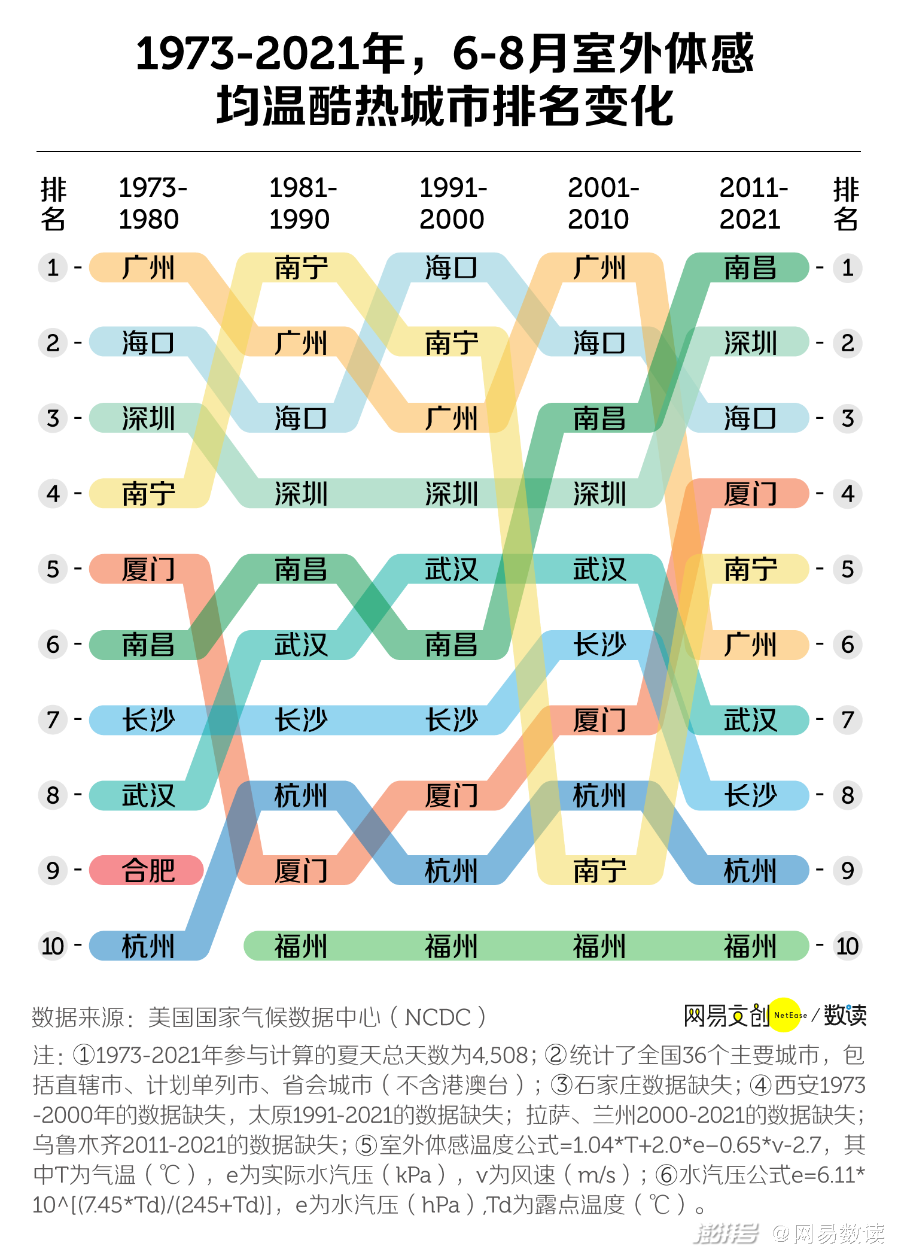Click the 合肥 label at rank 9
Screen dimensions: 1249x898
point(148,870)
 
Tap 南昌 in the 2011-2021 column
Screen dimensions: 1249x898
point(750,268)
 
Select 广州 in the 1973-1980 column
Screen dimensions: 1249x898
point(148,268)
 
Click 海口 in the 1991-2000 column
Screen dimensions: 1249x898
point(452,268)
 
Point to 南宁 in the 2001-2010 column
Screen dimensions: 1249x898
point(599,870)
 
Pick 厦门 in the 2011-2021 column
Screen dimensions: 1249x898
point(750,494)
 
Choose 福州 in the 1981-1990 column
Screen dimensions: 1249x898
point(301,946)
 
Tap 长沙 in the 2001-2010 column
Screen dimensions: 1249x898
point(599,645)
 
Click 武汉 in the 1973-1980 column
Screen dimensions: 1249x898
point(148,795)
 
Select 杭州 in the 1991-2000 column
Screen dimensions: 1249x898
point(452,870)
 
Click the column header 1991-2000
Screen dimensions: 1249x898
point(453,203)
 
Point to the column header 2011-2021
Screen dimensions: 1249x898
point(753,203)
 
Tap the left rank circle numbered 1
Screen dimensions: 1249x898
point(53,268)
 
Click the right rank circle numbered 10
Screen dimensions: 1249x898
point(847,946)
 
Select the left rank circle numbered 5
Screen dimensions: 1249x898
point(53,569)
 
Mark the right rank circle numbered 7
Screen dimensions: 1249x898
point(847,720)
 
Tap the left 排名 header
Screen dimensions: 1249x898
point(53,203)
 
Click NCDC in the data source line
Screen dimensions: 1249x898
point(438,1017)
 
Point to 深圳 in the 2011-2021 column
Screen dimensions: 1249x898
point(750,343)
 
